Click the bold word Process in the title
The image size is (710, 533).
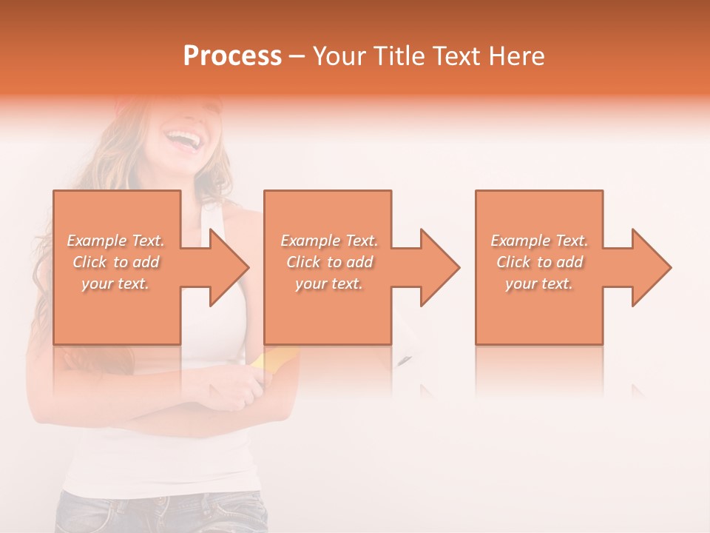(x=232, y=56)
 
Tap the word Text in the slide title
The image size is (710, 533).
(x=456, y=56)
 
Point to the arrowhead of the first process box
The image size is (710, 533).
(x=226, y=267)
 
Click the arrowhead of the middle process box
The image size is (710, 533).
(x=438, y=267)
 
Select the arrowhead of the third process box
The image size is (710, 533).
(x=649, y=267)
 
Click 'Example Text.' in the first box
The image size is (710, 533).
(x=116, y=241)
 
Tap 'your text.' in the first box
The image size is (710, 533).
(x=115, y=284)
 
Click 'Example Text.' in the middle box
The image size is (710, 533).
(x=329, y=241)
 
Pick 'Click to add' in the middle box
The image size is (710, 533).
(x=329, y=262)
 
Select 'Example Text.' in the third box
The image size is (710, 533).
(x=539, y=241)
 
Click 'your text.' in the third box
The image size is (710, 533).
(x=539, y=284)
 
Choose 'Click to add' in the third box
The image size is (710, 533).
(x=539, y=262)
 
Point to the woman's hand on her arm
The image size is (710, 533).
(x=237, y=396)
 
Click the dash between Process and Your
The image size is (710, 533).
(x=297, y=56)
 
